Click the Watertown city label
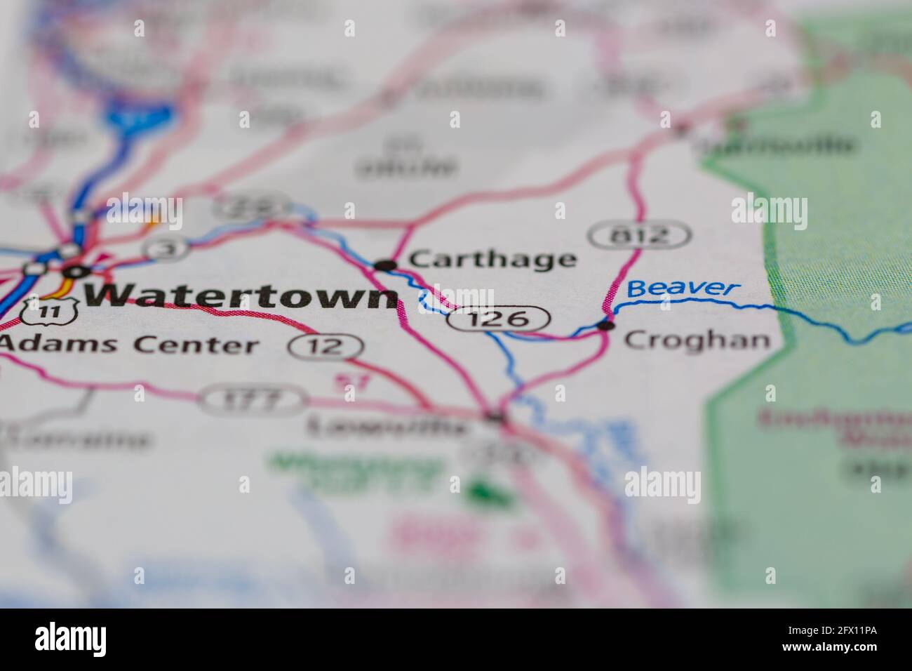[241, 296]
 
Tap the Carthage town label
[492, 259]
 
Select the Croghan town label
[697, 340]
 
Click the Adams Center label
[129, 345]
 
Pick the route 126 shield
[497, 319]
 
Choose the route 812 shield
[639, 235]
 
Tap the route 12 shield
[325, 346]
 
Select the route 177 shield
[253, 400]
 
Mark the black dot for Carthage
[384, 265]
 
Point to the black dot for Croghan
[605, 325]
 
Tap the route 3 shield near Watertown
[166, 248]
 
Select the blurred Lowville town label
[387, 425]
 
